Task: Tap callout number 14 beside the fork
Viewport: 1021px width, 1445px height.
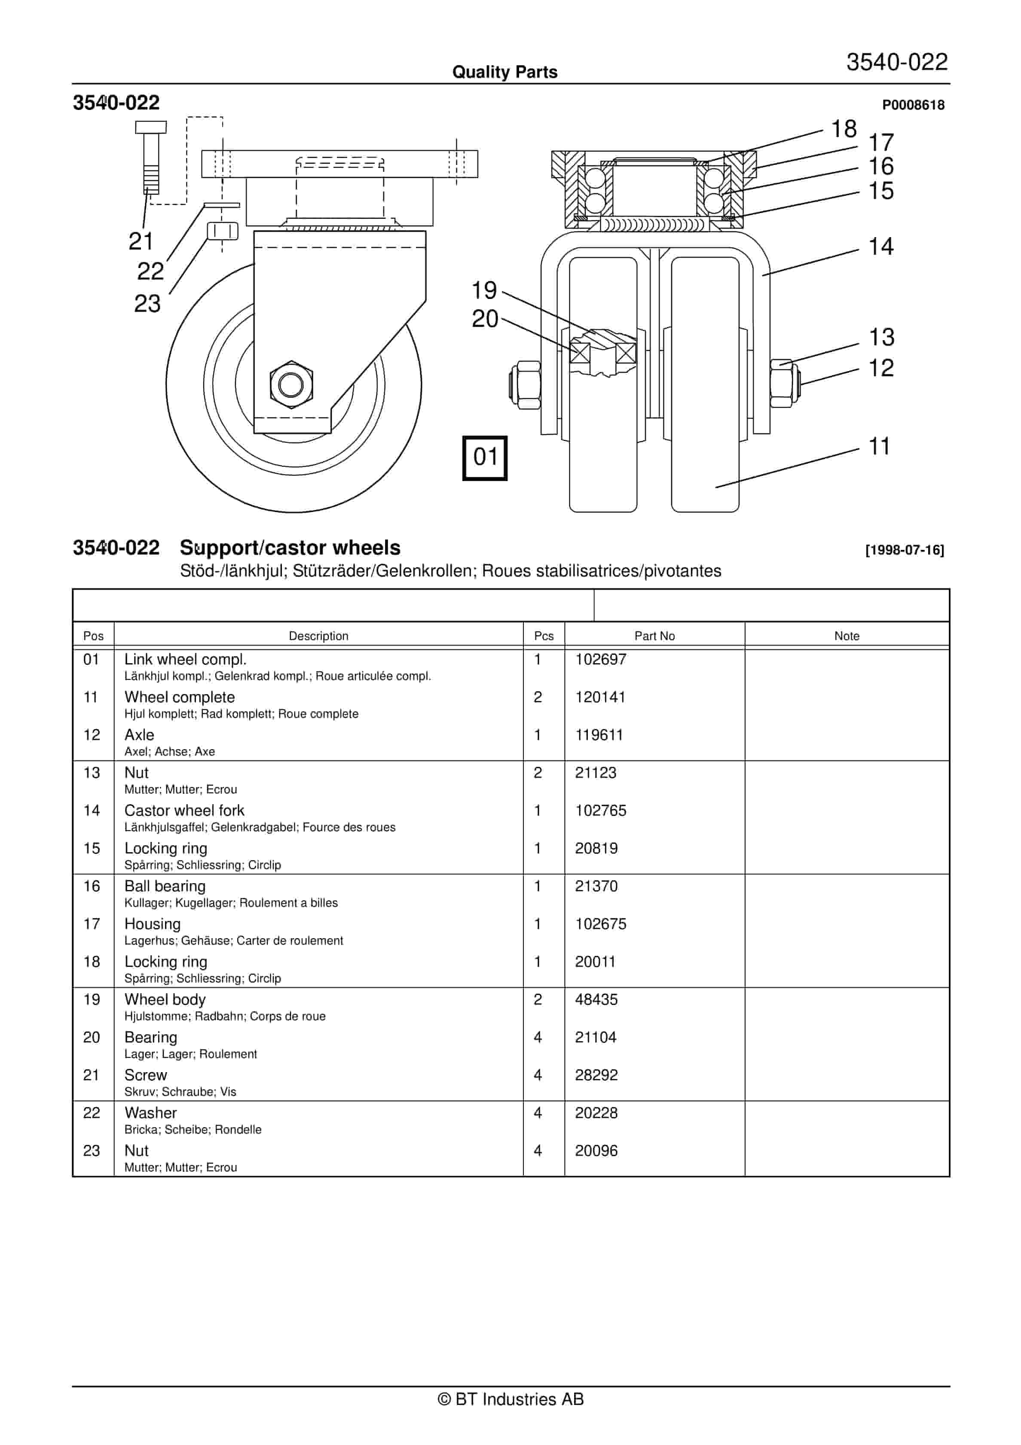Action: pyautogui.click(x=880, y=247)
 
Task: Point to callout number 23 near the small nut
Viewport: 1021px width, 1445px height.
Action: pyautogui.click(x=147, y=303)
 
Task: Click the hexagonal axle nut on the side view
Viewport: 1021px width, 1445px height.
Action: pyautogui.click(x=291, y=384)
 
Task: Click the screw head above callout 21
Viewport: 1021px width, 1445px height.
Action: pyautogui.click(x=151, y=127)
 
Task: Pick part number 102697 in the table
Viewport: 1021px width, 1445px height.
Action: pyautogui.click(x=600, y=659)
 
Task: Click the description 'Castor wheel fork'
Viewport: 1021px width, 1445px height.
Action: pyautogui.click(x=184, y=810)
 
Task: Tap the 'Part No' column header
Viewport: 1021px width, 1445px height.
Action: pyautogui.click(x=654, y=636)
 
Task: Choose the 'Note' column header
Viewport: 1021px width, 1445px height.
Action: pyautogui.click(x=846, y=636)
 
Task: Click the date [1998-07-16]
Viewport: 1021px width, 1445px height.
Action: pyautogui.click(x=904, y=550)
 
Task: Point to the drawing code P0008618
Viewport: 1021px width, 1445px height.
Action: pyautogui.click(x=913, y=105)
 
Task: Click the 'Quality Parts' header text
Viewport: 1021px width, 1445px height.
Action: pyautogui.click(x=505, y=72)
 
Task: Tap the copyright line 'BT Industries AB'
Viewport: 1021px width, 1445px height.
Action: pyautogui.click(x=510, y=1399)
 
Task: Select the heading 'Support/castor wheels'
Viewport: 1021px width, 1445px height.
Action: pyautogui.click(x=290, y=548)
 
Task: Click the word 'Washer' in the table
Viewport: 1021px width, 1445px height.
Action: pyautogui.click(x=150, y=1112)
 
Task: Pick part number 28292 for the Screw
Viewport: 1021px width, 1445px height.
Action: pyautogui.click(x=596, y=1074)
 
